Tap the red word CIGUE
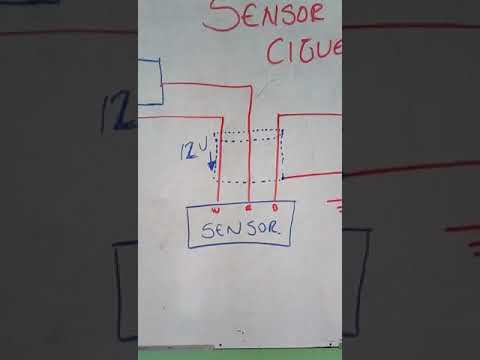pyautogui.click(x=305, y=49)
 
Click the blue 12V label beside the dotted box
pyautogui.click(x=194, y=152)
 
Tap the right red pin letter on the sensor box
pyautogui.click(x=275, y=211)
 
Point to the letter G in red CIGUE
pyautogui.click(x=304, y=49)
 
